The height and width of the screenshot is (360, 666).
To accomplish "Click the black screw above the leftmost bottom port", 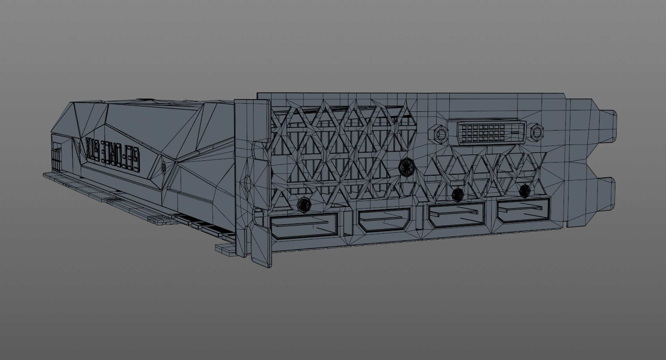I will [x=304, y=204].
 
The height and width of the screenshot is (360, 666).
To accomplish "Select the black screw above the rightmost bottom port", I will [x=525, y=189].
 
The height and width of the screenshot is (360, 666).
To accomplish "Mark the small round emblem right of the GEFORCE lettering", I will [x=163, y=168].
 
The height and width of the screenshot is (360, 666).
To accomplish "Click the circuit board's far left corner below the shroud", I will [x=45, y=174].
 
